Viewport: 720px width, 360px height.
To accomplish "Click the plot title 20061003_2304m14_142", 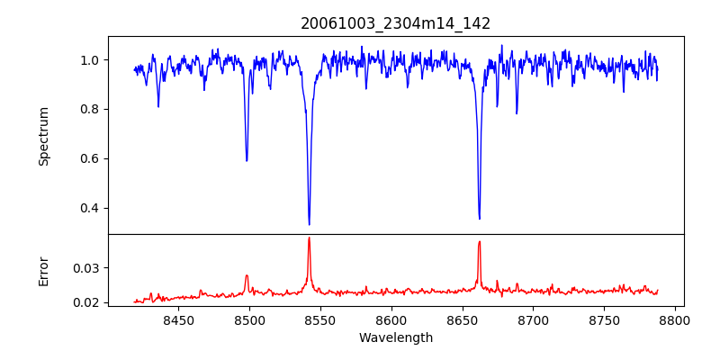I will [x=395, y=23].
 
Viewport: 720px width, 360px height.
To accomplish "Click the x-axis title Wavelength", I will [x=395, y=337].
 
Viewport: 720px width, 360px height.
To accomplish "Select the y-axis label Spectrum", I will [x=44, y=136].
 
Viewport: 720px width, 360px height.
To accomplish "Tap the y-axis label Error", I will [x=44, y=271].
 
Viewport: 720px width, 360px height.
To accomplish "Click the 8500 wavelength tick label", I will [x=249, y=319].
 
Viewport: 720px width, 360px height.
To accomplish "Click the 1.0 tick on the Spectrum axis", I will [x=91, y=60].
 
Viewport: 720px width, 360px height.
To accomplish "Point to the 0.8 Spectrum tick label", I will [x=91, y=110].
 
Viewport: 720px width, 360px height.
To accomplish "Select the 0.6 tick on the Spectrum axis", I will [x=91, y=159].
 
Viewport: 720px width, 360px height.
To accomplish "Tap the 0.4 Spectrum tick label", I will [x=91, y=209].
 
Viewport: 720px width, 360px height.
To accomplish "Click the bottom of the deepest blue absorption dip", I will [x=309, y=224].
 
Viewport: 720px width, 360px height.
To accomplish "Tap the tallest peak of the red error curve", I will [x=309, y=238].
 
